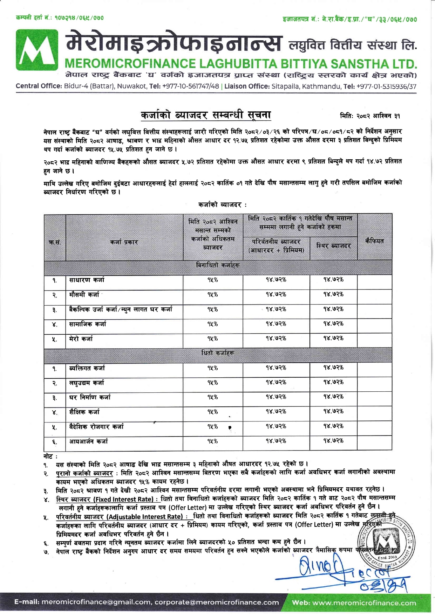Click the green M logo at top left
tap(37, 50)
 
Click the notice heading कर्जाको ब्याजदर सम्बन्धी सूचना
tap(205, 115)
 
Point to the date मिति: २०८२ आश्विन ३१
tap(370, 116)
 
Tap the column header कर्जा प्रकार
tap(124, 242)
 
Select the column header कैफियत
tap(374, 241)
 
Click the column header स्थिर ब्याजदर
tap(333, 246)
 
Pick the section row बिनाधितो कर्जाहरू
tap(218, 265)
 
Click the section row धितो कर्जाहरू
tap(218, 353)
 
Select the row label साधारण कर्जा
tap(87, 280)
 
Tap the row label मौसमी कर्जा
tap(84, 295)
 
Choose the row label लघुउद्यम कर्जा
tap(87, 383)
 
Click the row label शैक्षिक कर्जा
tap(84, 412)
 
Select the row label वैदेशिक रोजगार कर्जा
tap(96, 427)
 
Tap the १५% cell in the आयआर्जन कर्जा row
tap(212, 441)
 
